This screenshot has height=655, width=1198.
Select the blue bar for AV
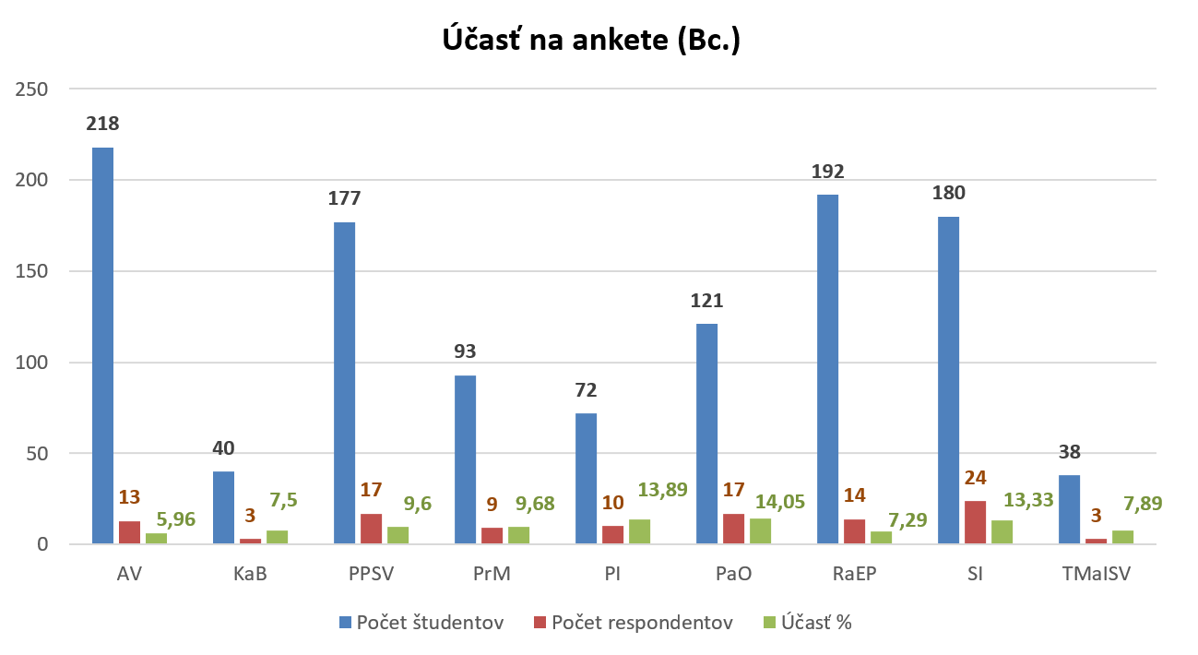click(102, 346)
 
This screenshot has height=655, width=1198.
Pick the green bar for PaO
click(759, 531)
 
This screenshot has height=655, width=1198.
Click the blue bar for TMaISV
click(1068, 510)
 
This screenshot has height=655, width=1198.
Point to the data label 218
click(102, 124)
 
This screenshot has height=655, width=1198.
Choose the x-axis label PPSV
click(371, 574)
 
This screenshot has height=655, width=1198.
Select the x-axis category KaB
click(250, 574)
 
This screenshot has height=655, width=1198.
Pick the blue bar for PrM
click(465, 459)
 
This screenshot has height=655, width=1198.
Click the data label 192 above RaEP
click(827, 171)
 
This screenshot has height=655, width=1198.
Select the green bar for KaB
click(277, 537)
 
